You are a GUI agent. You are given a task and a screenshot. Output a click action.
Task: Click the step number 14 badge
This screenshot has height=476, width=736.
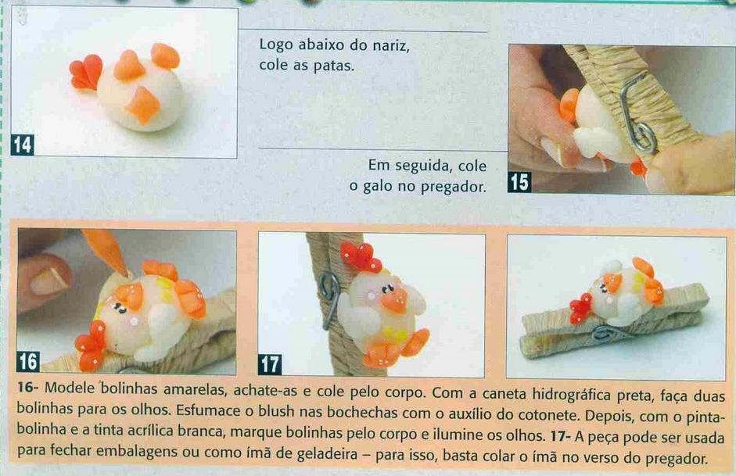click(22, 145)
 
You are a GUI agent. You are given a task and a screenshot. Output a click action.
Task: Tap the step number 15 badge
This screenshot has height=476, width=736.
click(519, 182)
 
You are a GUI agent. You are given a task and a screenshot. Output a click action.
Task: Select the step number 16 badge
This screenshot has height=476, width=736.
click(28, 362)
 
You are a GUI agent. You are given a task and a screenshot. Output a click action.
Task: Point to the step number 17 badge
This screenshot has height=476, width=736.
click(270, 364)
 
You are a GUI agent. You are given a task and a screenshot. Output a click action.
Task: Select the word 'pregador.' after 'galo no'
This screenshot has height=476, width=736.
click(453, 188)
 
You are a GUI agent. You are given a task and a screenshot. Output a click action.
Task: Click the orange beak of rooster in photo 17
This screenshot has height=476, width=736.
click(395, 299)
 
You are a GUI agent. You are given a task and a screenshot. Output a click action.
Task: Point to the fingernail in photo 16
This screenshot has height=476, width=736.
click(48, 281)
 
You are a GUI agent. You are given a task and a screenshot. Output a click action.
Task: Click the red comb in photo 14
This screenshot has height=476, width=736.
click(85, 72)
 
